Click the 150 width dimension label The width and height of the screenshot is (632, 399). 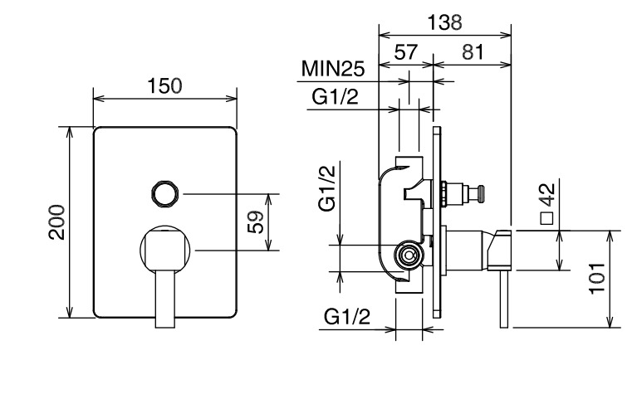pos(164,85)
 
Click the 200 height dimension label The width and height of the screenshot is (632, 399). pos(56,222)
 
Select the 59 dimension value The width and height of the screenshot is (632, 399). pos(256,221)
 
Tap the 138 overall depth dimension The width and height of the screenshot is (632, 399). pos(444,22)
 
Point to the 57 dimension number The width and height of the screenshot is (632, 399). pos(406,52)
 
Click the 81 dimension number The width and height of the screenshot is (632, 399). pos(472,52)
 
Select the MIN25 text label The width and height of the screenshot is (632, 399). pos(333,69)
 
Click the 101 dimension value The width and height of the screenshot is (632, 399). pos(597,279)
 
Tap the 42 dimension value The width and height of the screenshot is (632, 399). pos(548,195)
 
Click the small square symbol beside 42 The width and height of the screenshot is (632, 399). pos(547,218)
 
